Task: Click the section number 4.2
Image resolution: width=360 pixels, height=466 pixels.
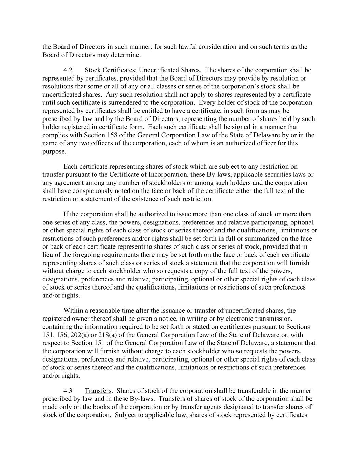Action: pyautogui.click(x=68, y=70)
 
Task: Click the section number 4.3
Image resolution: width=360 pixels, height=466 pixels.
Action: pyautogui.click(x=68, y=391)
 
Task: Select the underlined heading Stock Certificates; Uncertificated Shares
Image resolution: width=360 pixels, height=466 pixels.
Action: pyautogui.click(x=142, y=70)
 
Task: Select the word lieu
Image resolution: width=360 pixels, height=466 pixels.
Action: pyautogui.click(x=48, y=255)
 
